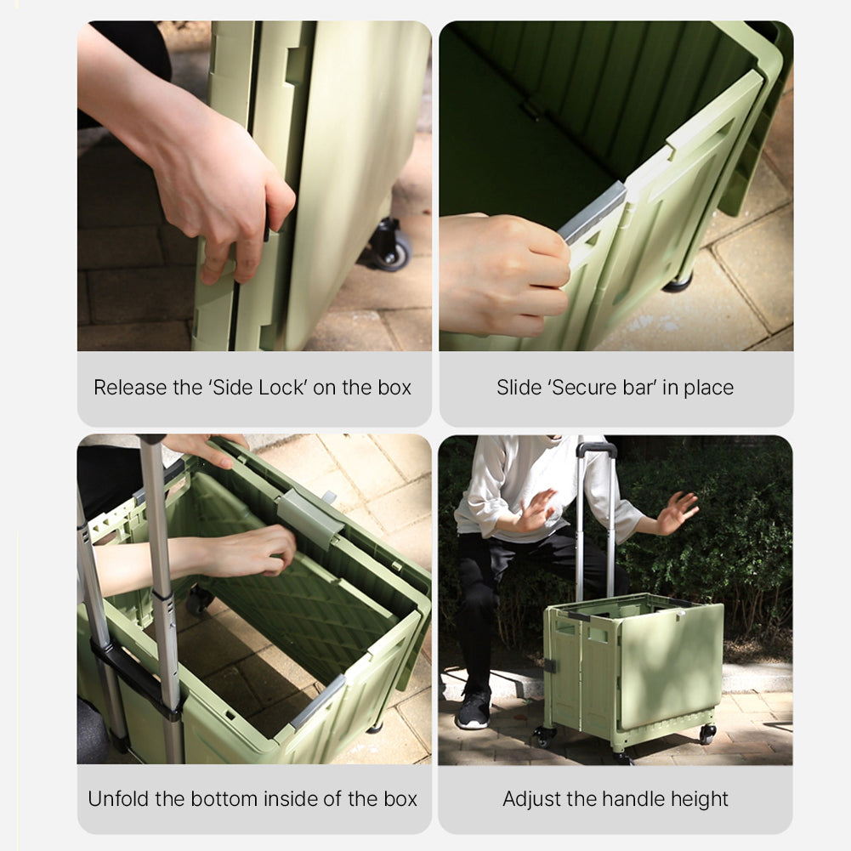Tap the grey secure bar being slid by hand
(592, 213)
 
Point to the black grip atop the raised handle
(597, 449)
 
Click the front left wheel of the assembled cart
(543, 736)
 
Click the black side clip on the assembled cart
(550, 666)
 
